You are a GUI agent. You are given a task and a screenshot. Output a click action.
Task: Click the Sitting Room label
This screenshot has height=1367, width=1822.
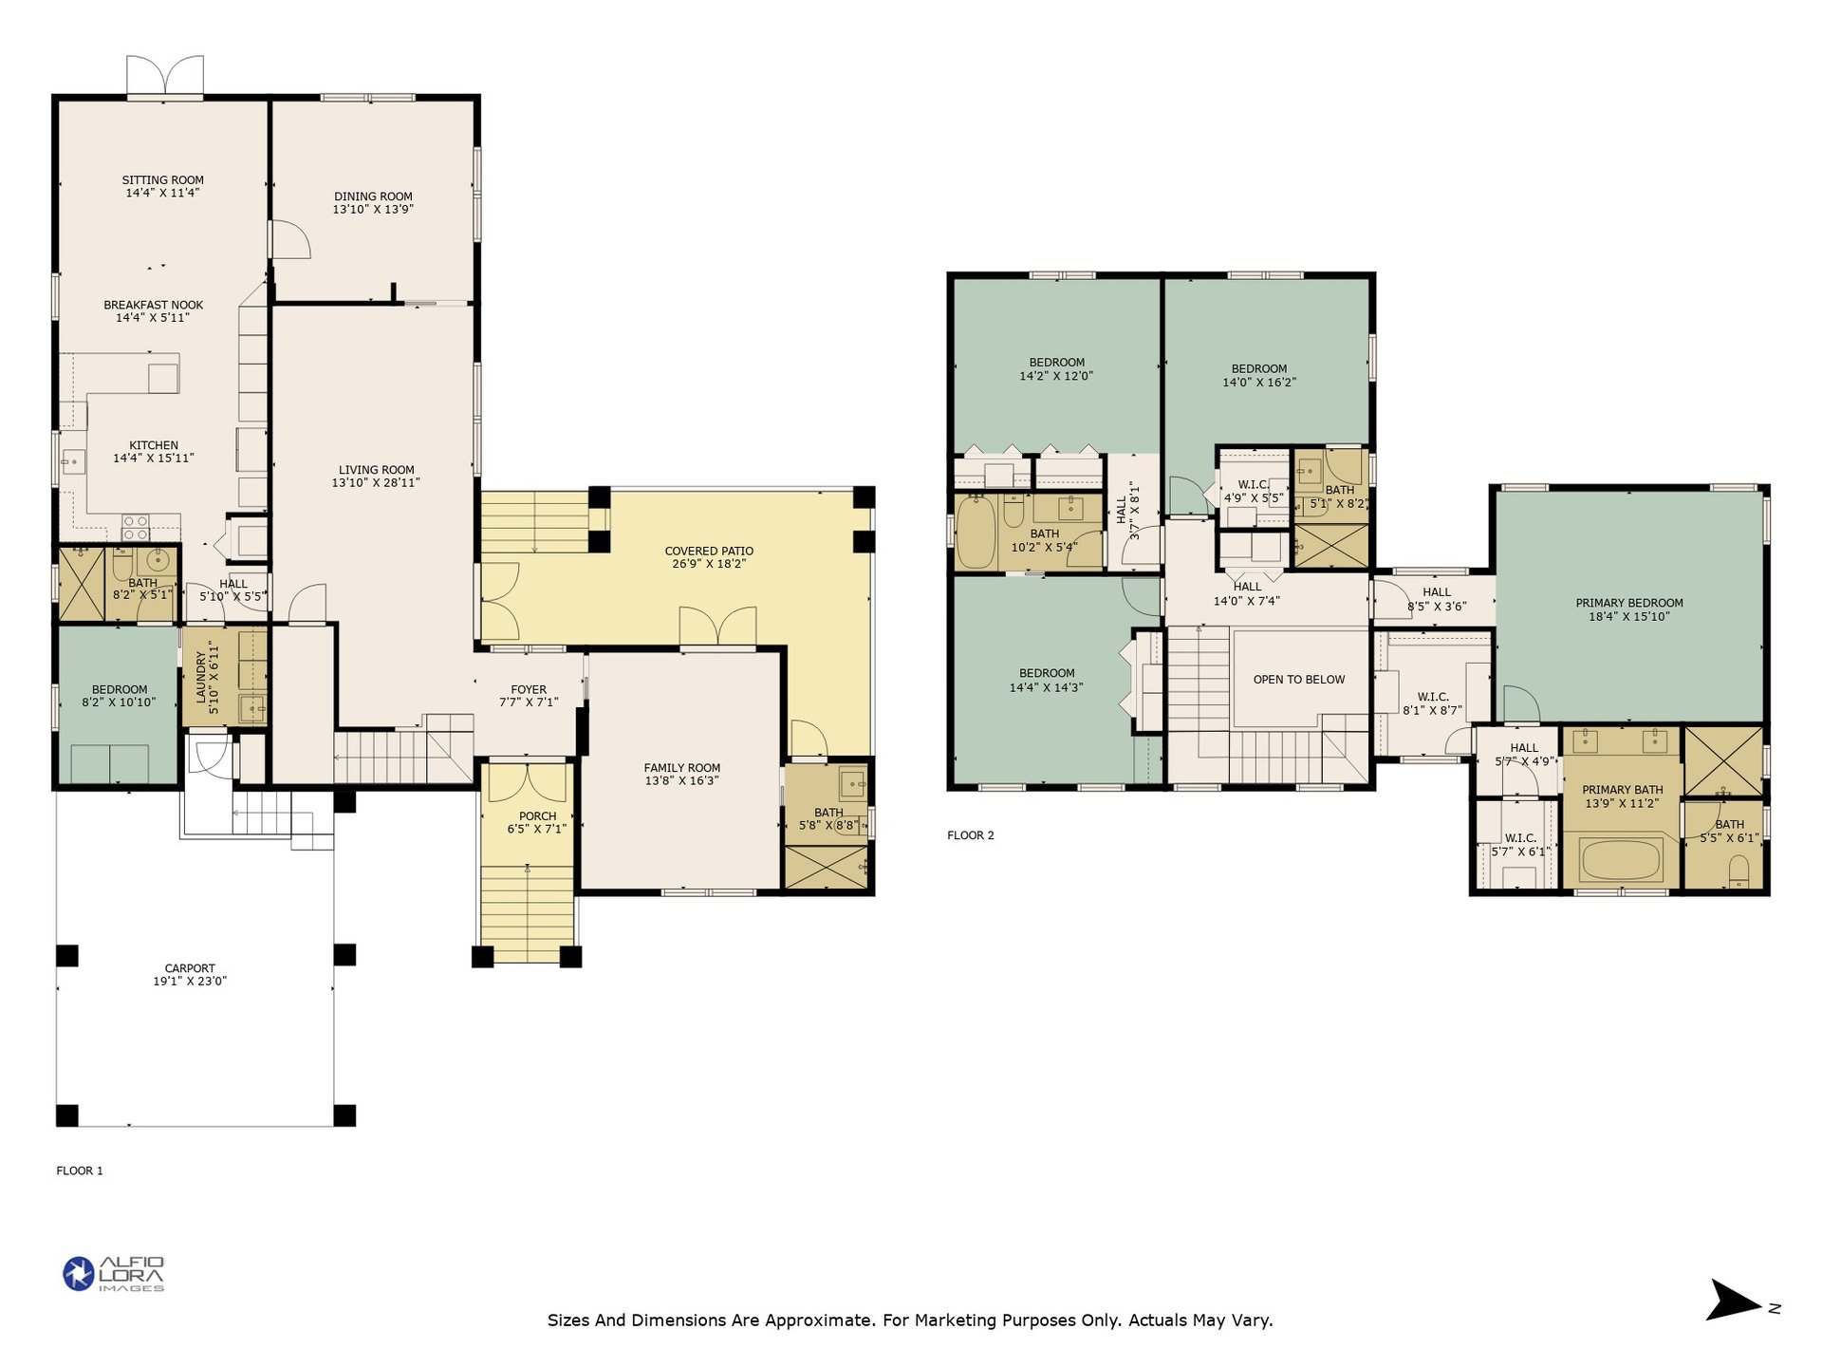[163, 180]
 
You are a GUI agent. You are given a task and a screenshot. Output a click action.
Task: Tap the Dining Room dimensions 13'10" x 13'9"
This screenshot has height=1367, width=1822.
[373, 210]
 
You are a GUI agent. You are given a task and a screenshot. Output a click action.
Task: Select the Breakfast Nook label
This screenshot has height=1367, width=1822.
[154, 306]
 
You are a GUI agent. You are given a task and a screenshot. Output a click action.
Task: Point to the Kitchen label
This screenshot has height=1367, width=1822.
[154, 445]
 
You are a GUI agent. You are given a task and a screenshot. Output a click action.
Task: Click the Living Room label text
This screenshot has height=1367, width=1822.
[377, 470]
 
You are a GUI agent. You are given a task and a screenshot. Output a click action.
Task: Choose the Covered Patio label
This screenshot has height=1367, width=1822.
[709, 551]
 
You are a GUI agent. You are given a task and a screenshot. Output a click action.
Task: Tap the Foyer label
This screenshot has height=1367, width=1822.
[529, 690]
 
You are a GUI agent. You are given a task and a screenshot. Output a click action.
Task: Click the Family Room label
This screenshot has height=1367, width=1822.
[682, 768]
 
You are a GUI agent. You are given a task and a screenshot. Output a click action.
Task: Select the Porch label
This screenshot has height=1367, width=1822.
[538, 816]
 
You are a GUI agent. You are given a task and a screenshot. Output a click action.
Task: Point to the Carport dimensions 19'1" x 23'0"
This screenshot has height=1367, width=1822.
[190, 982]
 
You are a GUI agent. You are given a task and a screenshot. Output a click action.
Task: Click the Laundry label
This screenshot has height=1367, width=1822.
[201, 678]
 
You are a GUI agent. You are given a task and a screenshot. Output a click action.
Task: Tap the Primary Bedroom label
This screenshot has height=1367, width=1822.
[1629, 603]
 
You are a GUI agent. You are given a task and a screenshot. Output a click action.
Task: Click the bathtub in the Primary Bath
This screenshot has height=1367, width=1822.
[1621, 860]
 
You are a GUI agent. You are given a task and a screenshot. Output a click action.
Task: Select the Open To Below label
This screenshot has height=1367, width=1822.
[1299, 680]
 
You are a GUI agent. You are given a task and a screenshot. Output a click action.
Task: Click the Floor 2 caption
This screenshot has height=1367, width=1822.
[971, 835]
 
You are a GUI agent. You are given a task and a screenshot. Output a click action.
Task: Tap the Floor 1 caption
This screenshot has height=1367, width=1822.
[80, 1170]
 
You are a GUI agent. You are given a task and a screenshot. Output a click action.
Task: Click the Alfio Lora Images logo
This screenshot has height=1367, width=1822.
[114, 1274]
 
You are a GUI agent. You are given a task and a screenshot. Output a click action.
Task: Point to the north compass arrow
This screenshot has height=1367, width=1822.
[1735, 1301]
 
